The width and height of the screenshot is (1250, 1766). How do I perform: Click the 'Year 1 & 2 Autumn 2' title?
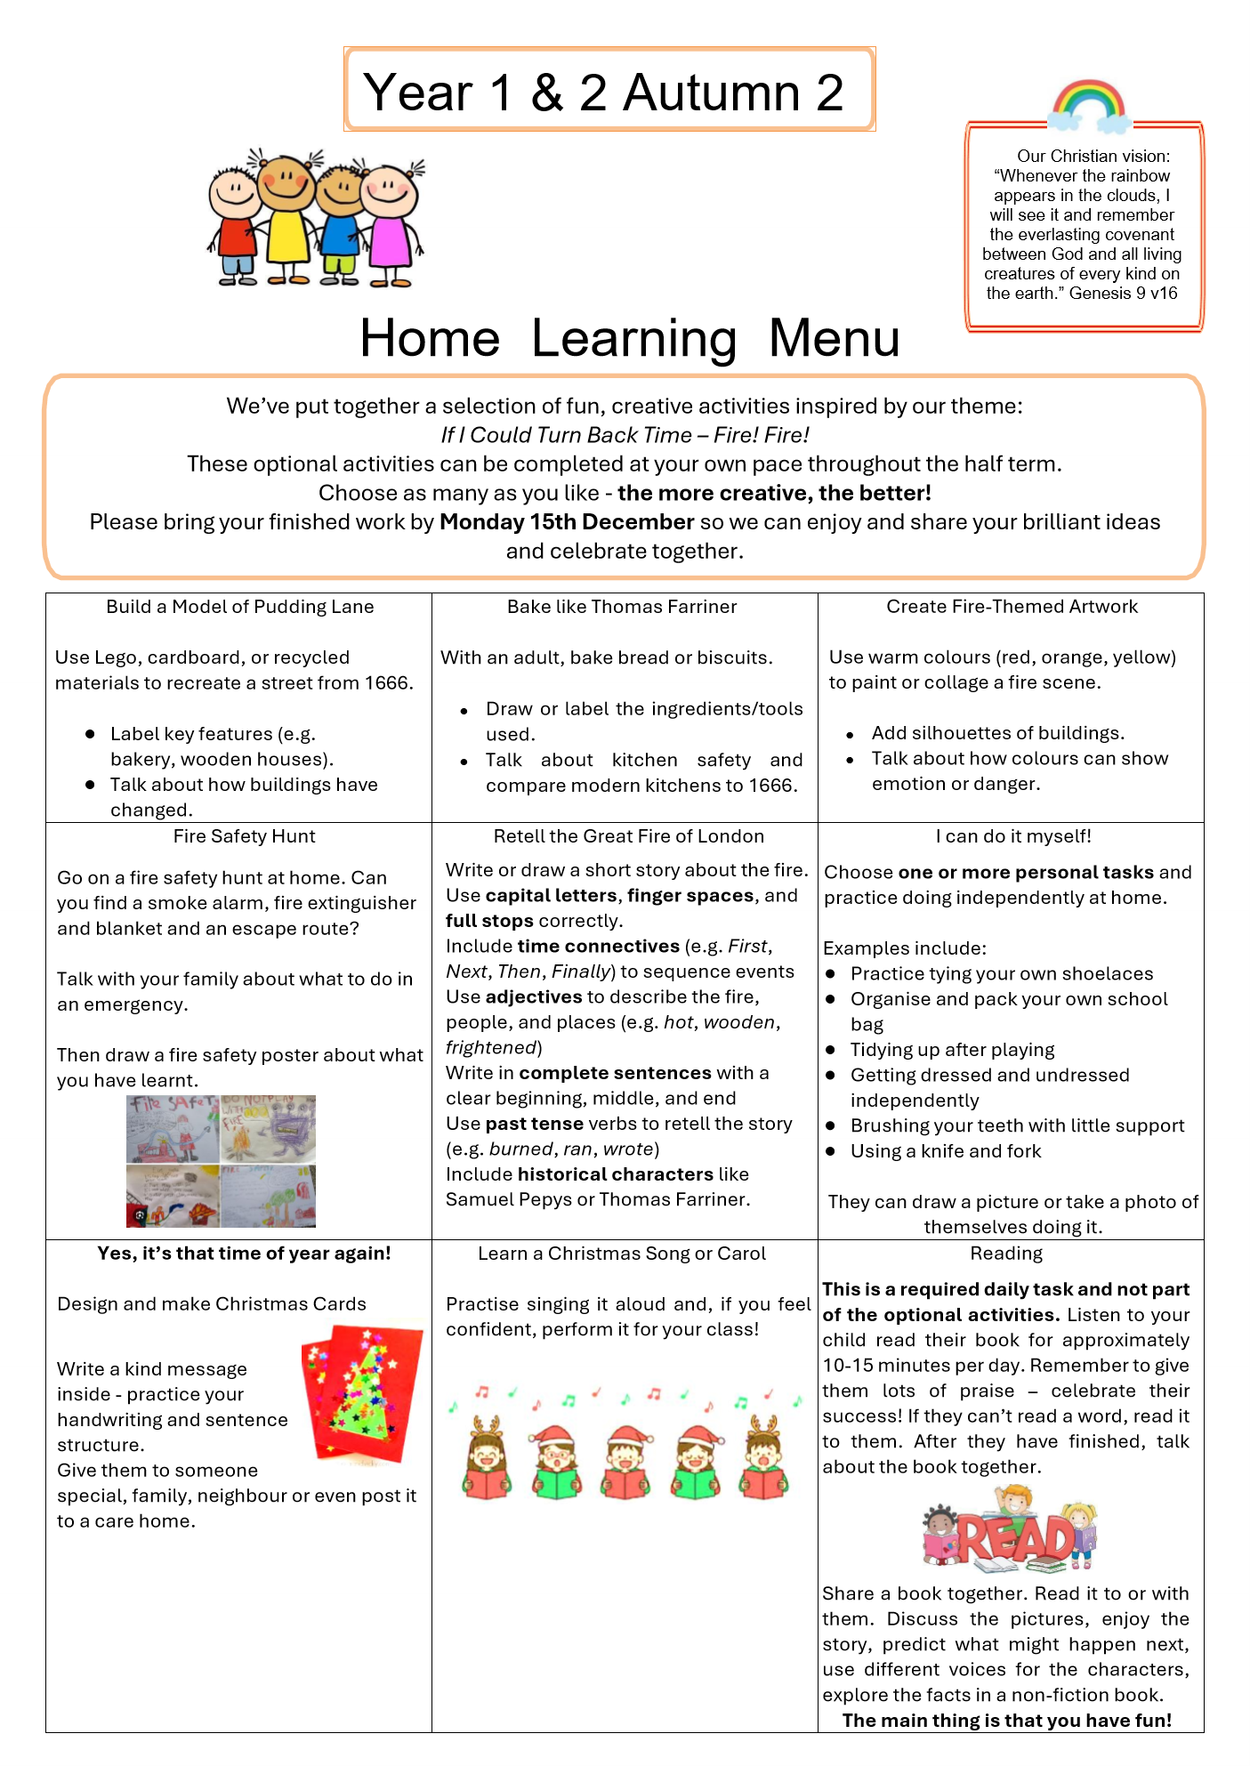point(604,92)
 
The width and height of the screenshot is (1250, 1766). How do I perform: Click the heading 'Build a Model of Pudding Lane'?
point(239,607)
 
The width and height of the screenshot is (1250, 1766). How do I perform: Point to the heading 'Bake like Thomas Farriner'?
point(622,607)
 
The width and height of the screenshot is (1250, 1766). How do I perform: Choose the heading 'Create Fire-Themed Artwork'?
point(1012,607)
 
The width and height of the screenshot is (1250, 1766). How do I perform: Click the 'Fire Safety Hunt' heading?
point(244,836)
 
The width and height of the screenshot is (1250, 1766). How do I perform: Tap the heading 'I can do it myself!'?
point(1013,836)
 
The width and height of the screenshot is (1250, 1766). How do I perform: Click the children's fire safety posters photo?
point(221,1161)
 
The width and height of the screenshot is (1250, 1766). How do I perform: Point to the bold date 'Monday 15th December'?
point(567,522)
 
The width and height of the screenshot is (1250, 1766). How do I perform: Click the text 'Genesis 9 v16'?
point(1123,294)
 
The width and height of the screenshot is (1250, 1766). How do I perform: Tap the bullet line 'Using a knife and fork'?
point(945,1151)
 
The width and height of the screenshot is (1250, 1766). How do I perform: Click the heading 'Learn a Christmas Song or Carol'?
point(621,1254)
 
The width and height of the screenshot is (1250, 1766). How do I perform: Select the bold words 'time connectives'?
point(598,947)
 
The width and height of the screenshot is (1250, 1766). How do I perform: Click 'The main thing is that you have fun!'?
point(1006,1721)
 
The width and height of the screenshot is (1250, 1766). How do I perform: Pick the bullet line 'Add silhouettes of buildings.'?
point(997,733)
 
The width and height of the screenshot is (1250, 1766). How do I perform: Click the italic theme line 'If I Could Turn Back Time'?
point(566,435)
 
